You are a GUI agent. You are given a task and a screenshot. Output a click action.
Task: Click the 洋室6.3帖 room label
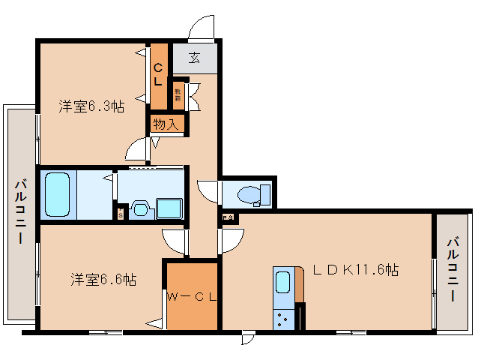[91, 106]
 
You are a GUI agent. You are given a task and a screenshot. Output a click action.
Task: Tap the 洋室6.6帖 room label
[103, 280]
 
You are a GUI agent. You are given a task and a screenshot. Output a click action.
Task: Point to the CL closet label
[159, 73]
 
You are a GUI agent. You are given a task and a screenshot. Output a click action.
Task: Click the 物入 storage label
[166, 124]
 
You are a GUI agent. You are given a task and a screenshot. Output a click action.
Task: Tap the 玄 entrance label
[194, 57]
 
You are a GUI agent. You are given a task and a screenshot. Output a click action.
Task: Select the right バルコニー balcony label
[454, 270]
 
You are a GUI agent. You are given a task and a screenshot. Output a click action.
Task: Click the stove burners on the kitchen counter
[285, 319]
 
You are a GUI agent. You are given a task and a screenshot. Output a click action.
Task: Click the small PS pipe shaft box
[228, 217]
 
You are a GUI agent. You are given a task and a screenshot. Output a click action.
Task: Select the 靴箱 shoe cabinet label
[178, 94]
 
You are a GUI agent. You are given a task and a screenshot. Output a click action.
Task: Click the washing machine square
[170, 208]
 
